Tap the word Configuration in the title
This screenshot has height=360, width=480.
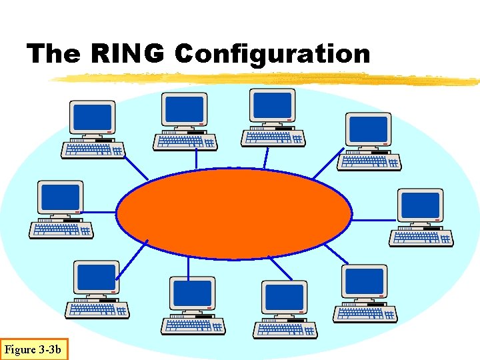coord(272,54)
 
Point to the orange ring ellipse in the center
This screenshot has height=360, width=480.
coord(235,213)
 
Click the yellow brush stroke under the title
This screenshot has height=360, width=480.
coord(267,79)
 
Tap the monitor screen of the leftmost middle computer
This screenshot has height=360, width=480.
coord(61,197)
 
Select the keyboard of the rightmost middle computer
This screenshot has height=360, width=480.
coord(421,236)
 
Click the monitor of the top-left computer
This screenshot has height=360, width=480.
coord(93,117)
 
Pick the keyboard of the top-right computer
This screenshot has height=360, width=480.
coord(369,161)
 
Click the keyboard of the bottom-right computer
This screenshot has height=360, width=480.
coord(365,313)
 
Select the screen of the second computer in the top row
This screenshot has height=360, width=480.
coord(184,109)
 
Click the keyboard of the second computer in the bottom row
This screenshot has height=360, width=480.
coord(193,325)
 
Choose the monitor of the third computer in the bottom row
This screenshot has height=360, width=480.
coord(284,295)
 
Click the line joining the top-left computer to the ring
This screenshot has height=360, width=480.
coord(137,167)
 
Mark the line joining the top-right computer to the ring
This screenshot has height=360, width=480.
coord(327,167)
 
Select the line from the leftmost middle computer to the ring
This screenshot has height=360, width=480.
coord(103,213)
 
